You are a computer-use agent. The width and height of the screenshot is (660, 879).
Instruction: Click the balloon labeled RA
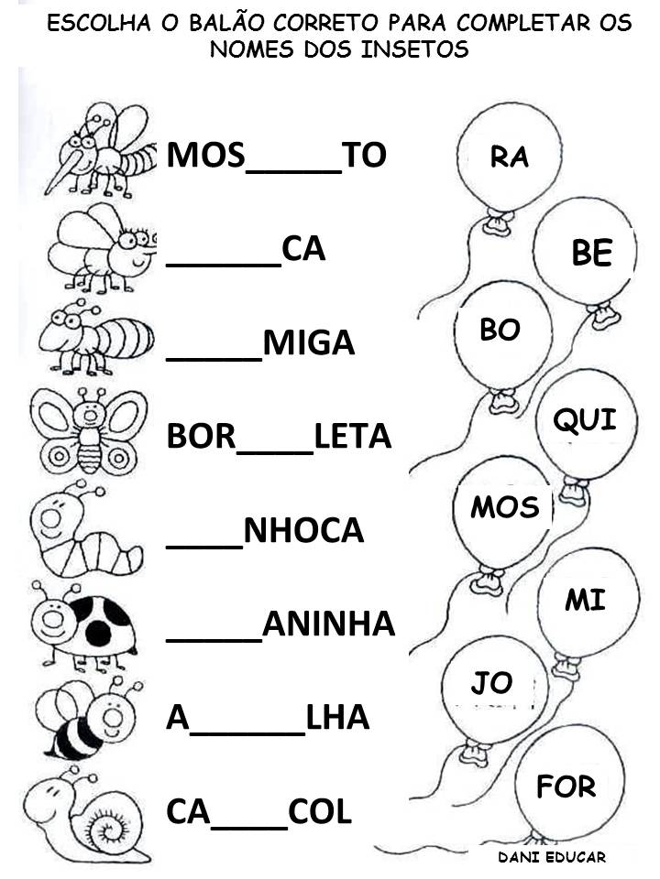click(x=510, y=159)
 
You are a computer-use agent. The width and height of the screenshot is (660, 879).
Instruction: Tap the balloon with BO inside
click(x=500, y=332)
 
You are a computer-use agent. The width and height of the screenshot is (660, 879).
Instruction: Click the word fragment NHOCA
click(x=303, y=531)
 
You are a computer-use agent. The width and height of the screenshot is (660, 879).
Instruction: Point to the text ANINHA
click(x=328, y=624)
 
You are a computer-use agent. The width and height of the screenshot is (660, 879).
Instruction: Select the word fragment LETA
click(x=352, y=437)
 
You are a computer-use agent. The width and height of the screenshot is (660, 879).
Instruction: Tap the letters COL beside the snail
click(x=320, y=812)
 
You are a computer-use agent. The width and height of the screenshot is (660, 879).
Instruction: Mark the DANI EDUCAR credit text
click(x=552, y=858)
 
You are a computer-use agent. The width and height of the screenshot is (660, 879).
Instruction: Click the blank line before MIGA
click(x=214, y=354)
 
